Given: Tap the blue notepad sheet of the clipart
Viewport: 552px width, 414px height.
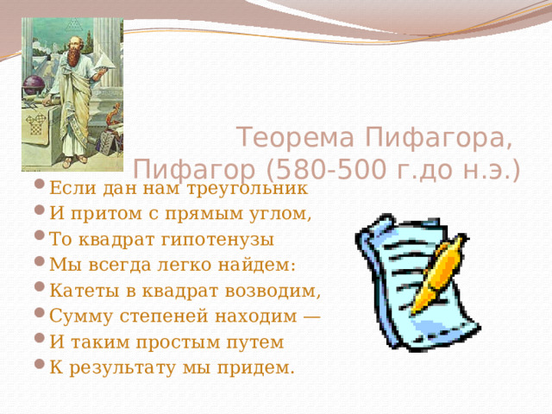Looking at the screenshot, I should (392, 276).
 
